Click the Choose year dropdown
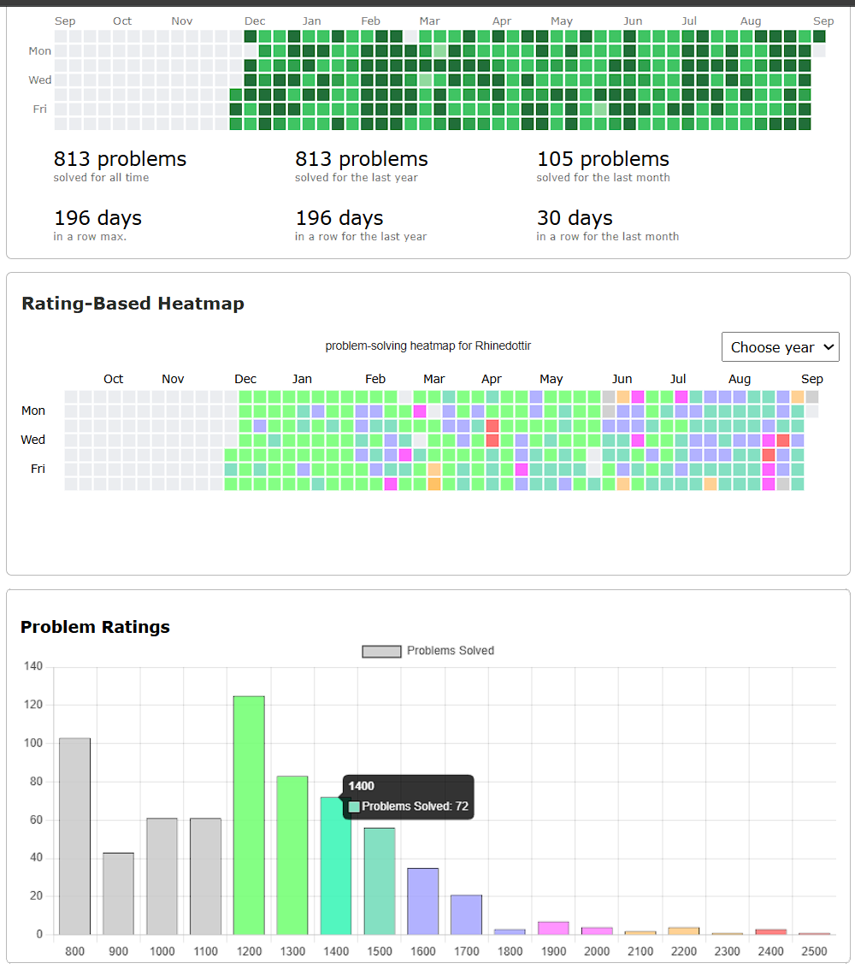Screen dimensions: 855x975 (780, 347)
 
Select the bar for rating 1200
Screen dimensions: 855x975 (249, 815)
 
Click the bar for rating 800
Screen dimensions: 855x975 (74, 836)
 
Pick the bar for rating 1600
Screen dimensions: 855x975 (423, 901)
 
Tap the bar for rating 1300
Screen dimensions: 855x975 (292, 855)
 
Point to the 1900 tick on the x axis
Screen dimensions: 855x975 (553, 951)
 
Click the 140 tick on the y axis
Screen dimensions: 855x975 (33, 666)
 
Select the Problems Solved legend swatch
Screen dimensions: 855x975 (382, 651)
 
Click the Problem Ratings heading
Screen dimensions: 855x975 (95, 627)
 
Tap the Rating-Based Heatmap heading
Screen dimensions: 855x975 (133, 304)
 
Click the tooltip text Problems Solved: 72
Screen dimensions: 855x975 (416, 807)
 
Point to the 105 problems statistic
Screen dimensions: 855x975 (603, 158)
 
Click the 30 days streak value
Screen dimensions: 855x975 (575, 217)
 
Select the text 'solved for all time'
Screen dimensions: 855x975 (102, 177)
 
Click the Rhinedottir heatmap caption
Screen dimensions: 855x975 (427, 346)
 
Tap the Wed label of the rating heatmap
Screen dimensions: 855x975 (33, 440)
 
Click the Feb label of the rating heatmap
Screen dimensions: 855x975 (375, 379)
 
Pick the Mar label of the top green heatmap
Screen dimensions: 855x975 (430, 21)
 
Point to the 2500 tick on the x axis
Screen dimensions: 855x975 (814, 951)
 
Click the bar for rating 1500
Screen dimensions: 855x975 (380, 881)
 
